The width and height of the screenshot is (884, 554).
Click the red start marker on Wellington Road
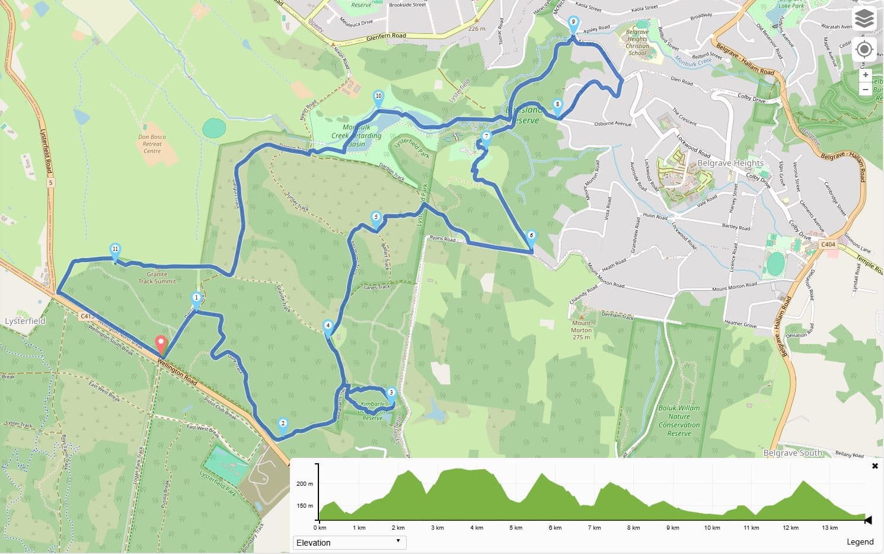[x=160, y=345]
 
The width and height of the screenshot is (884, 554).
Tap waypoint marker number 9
[x=573, y=24]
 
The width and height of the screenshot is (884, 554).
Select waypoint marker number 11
[x=115, y=251]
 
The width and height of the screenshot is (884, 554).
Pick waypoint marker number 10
[x=378, y=98]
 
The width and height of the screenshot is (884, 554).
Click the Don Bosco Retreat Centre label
[x=152, y=144]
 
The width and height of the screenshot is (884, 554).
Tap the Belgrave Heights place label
[x=730, y=163]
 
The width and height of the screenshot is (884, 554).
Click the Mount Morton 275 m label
[x=581, y=330]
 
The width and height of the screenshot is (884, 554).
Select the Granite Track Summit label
[x=157, y=278]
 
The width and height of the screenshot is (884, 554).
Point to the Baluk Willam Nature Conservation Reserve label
[x=679, y=421]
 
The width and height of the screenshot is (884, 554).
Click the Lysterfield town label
[x=25, y=321]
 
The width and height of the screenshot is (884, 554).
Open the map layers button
[x=864, y=19]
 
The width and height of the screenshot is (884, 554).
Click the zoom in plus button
[x=866, y=75]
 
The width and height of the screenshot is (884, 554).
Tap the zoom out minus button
[x=866, y=90]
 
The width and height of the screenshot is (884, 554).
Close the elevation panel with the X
[x=875, y=466]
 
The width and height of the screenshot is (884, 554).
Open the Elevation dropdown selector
[x=349, y=542]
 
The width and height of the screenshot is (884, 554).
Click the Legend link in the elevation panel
[x=860, y=542]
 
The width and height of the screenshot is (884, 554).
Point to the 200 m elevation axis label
[x=305, y=484]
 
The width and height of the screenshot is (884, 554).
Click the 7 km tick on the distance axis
[x=594, y=527]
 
